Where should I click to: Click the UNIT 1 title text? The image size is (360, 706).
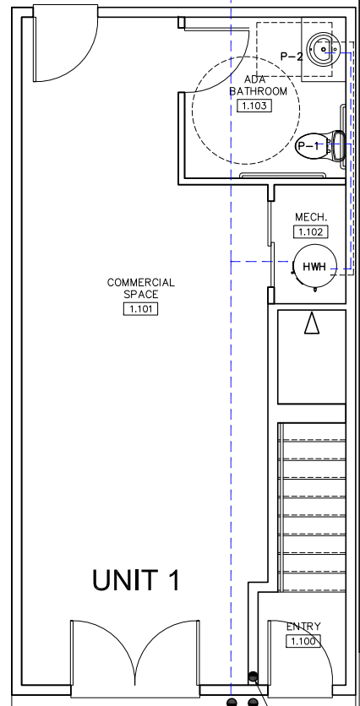tap(136, 580)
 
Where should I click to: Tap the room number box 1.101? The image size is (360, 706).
tap(140, 309)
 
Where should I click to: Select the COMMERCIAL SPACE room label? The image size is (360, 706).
tap(140, 288)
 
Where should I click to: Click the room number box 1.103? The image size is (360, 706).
tap(254, 106)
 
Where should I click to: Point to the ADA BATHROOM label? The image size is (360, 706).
tap(259, 85)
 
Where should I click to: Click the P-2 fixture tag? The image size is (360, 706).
tap(292, 57)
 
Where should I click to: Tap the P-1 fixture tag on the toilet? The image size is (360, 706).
tap(308, 146)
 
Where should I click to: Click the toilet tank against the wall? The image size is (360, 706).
tap(338, 145)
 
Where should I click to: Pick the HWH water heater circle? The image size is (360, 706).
tap(314, 267)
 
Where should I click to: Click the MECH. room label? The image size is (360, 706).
tap(311, 217)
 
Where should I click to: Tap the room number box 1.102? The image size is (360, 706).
tap(310, 232)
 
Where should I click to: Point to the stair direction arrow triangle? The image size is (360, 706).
tap(312, 323)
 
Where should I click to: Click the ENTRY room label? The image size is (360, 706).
tap(303, 627)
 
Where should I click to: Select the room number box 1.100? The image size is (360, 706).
tap(303, 641)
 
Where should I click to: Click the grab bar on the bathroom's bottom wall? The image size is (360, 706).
tap(282, 175)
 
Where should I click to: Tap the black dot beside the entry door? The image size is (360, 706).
tap(254, 676)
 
